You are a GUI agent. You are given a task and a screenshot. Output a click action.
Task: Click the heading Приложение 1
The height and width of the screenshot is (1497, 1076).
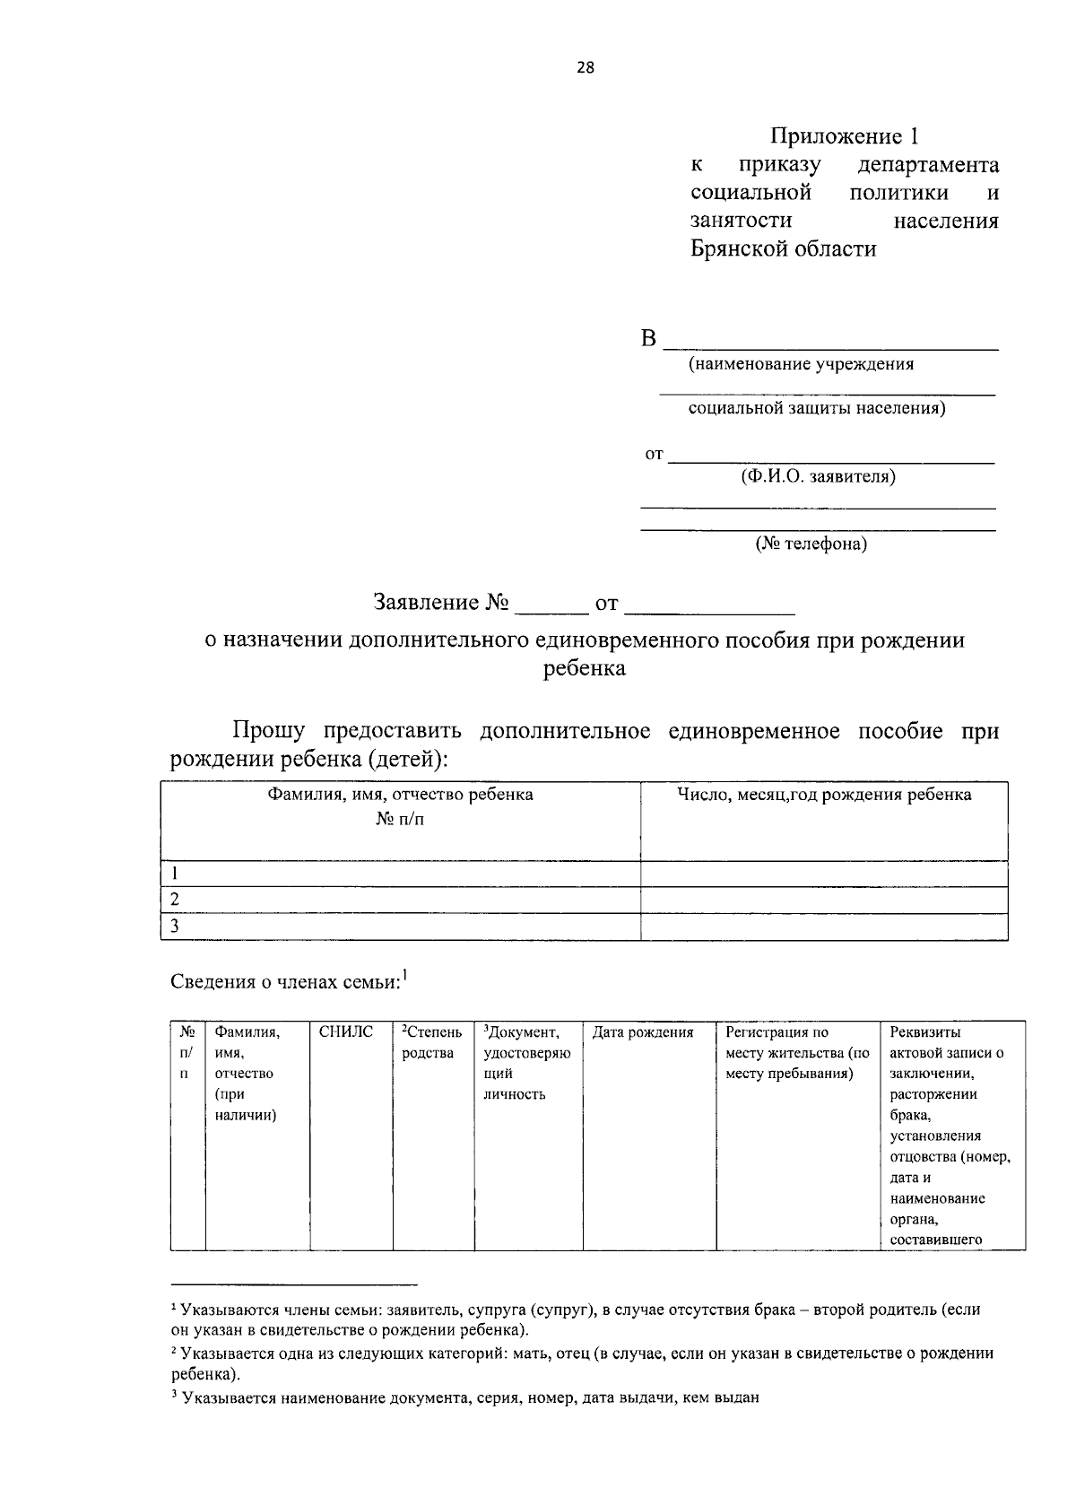pos(845,136)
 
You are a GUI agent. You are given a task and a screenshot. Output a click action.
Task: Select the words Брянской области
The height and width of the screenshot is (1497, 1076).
pos(783,248)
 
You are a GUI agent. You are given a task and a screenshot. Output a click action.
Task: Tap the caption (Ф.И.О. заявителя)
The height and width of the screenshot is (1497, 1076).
pos(817,477)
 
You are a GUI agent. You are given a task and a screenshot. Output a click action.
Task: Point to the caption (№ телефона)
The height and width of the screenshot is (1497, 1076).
pos(811,544)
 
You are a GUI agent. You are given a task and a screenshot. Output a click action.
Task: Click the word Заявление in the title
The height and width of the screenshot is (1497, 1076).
pos(426,603)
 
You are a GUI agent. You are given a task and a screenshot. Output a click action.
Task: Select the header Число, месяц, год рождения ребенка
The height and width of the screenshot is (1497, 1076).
pos(824,795)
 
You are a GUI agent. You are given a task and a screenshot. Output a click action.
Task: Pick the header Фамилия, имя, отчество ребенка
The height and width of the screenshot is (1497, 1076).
pos(400,795)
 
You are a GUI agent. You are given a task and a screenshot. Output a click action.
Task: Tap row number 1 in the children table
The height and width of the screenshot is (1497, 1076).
pos(176,874)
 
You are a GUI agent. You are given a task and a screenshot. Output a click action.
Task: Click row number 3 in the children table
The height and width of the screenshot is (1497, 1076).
pos(176,927)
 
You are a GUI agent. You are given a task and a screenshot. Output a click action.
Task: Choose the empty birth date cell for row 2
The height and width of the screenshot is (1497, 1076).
pos(824,900)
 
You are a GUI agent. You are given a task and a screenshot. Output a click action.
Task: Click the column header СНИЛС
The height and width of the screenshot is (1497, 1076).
pos(345,1032)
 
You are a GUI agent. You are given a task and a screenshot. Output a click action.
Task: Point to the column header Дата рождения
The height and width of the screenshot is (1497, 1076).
pos(643,1032)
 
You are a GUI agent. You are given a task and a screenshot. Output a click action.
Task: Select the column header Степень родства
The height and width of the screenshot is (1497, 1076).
pos(430,1042)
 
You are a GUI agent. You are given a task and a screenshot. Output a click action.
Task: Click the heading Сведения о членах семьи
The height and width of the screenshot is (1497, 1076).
pos(285,982)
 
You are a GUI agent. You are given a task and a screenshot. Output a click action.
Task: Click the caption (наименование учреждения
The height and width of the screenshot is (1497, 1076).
pos(801,364)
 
